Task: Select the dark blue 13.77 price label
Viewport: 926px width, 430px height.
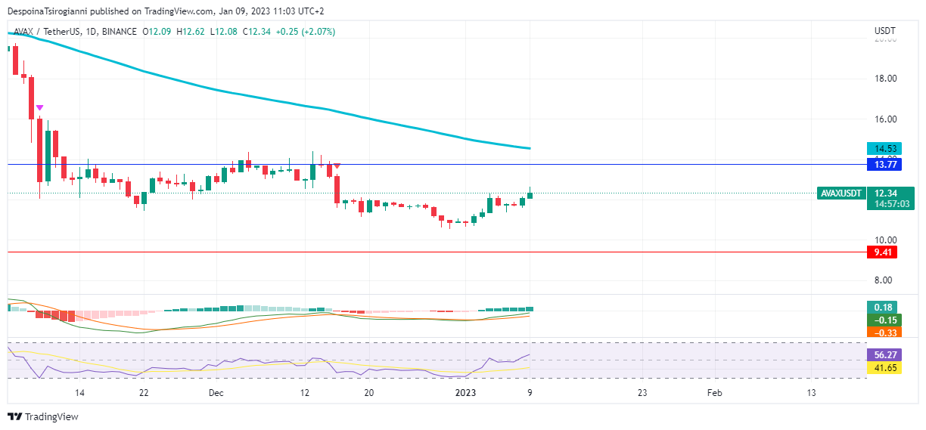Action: pos(881,163)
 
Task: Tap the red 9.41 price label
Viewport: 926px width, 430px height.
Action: pos(881,252)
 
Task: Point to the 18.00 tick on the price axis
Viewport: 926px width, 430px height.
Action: pos(885,79)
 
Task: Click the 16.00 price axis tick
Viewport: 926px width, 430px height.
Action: pos(885,119)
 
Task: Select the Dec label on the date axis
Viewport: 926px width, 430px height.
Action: pos(216,393)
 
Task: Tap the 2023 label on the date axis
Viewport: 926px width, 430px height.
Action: pos(465,393)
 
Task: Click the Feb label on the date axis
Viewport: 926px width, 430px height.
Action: pos(714,393)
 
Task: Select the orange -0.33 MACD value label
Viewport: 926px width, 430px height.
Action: pos(884,333)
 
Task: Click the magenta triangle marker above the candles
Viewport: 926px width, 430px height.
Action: pos(39,108)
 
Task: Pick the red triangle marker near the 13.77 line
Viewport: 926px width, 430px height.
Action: pos(337,166)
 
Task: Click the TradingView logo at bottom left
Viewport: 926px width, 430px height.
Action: pos(43,416)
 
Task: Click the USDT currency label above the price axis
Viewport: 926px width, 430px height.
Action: pos(884,31)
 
